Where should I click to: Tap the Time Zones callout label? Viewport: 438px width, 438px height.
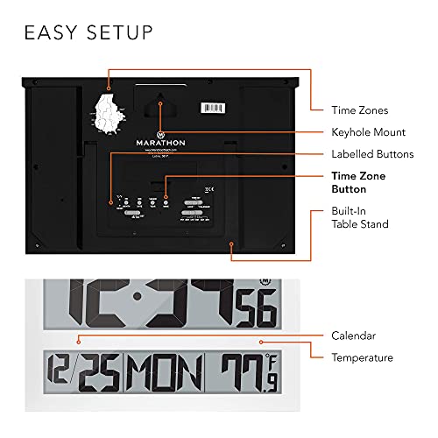[359, 110]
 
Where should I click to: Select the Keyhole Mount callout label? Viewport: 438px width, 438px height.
[369, 132]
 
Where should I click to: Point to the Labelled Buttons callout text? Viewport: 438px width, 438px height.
[371, 154]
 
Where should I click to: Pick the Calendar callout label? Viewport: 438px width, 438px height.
[354, 336]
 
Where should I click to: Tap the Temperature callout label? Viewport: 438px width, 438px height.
[362, 357]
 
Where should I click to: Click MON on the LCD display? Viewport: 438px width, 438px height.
[153, 372]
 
